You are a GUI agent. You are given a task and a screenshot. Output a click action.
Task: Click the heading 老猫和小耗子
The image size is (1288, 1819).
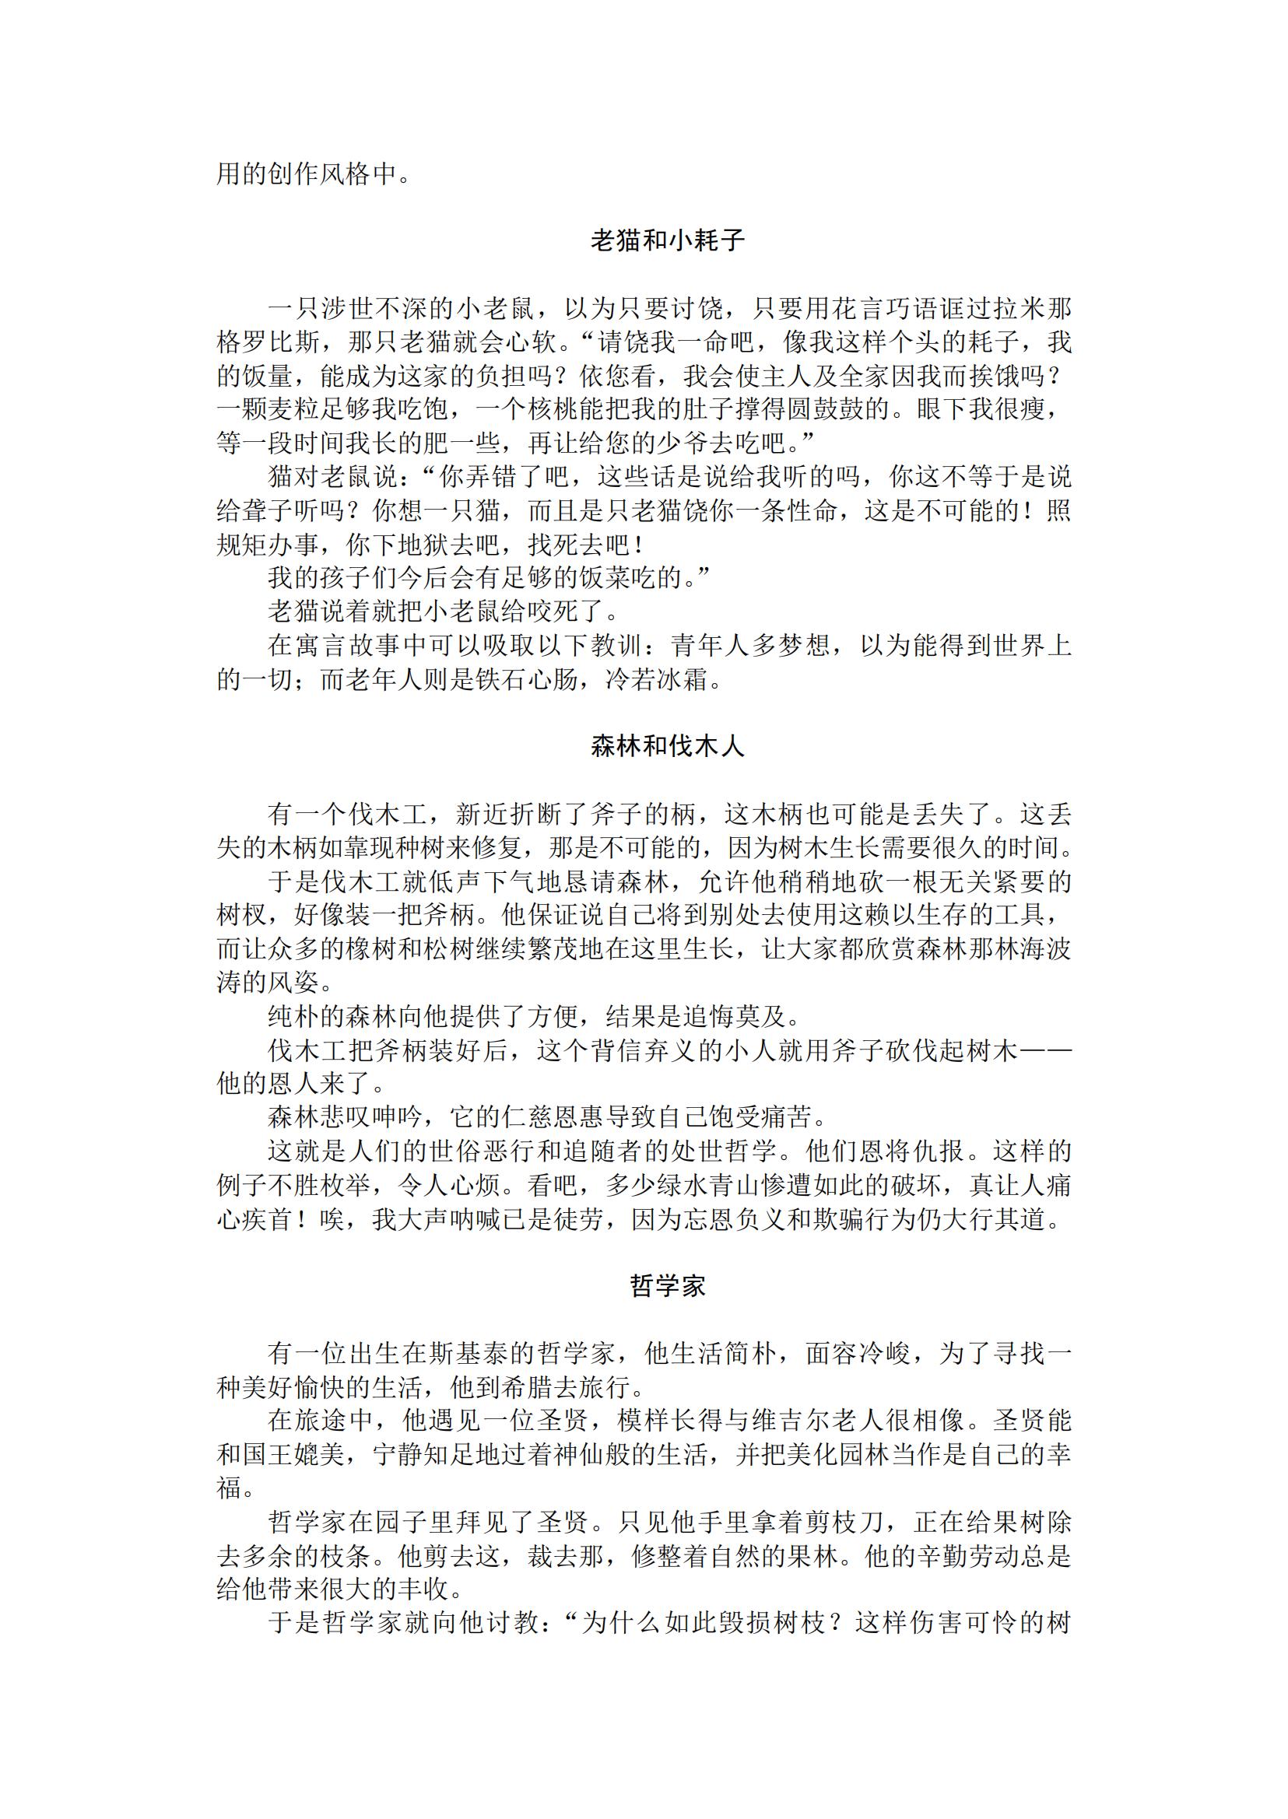(667, 241)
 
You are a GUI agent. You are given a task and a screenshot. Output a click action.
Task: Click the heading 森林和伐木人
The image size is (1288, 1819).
(667, 747)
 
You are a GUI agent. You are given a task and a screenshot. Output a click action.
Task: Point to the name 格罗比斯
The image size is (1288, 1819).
(268, 342)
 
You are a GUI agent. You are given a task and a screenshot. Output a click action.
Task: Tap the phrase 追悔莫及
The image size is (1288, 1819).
(744, 1017)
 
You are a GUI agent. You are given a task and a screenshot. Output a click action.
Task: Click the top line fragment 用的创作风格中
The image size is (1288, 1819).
(306, 173)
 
